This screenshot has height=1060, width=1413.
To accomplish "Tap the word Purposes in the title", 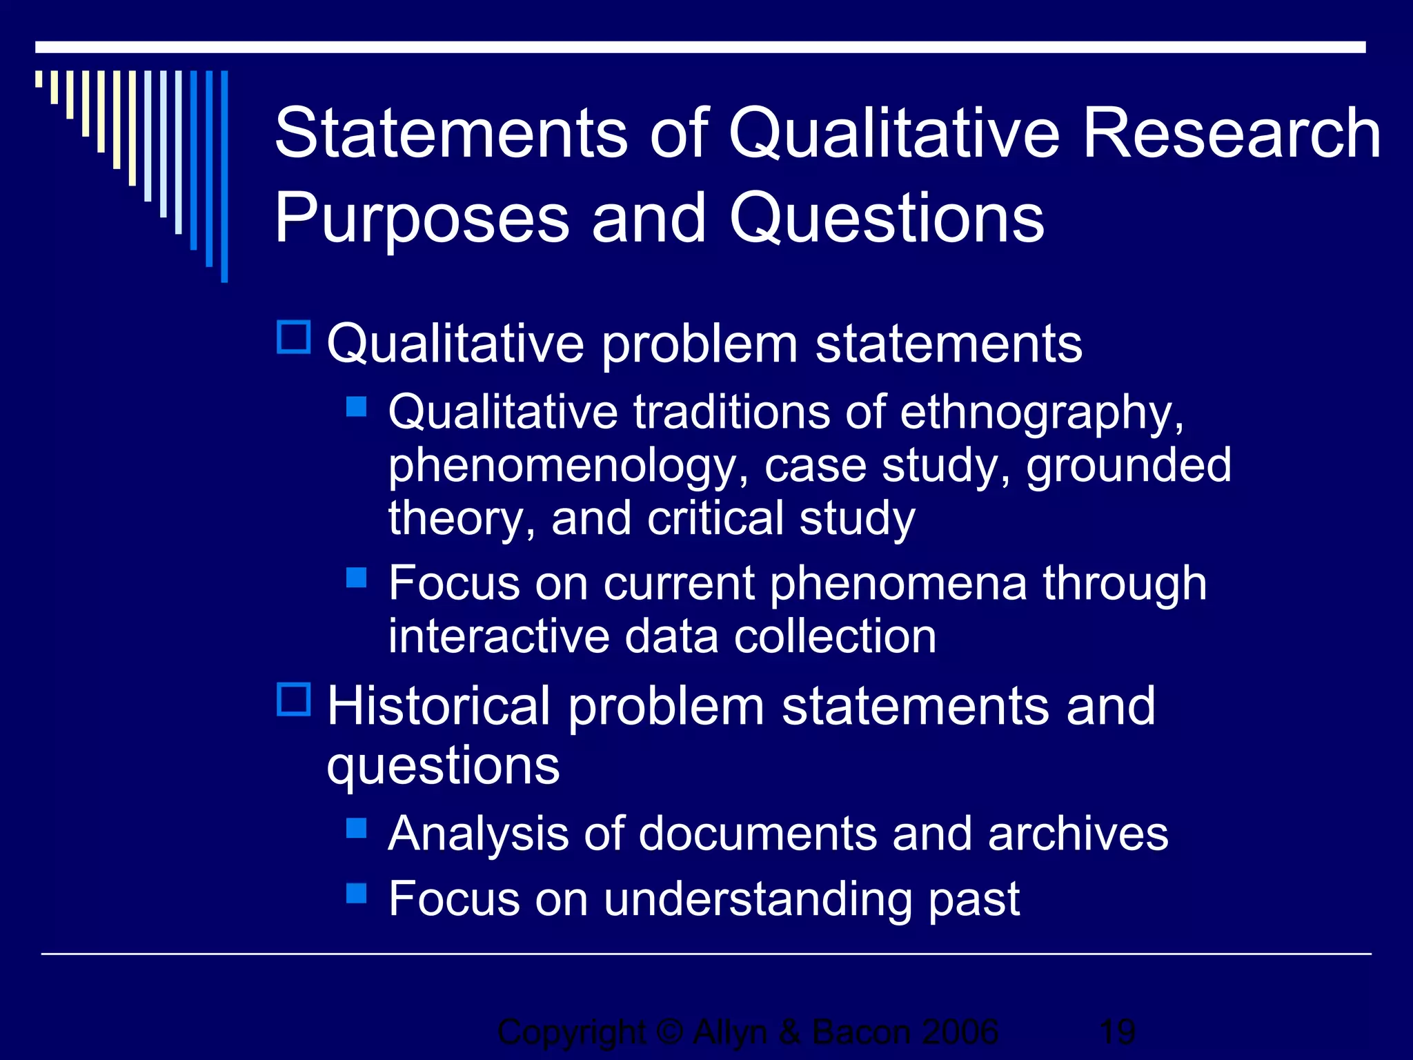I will tap(422, 219).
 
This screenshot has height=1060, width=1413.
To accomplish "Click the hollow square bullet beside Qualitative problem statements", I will tap(294, 337).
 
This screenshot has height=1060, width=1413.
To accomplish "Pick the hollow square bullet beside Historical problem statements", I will tap(294, 699).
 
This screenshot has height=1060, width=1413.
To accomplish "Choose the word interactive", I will tap(499, 636).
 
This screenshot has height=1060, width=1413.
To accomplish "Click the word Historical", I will tap(439, 707).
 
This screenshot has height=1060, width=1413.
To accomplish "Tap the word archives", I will tap(1078, 834).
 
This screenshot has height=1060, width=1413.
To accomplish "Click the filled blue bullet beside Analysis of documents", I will tap(356, 827).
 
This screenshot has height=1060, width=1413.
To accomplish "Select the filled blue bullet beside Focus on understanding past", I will tap(356, 893).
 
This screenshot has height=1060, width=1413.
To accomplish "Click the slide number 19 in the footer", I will tap(1117, 1032).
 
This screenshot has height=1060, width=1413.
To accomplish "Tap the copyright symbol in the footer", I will tap(669, 1032).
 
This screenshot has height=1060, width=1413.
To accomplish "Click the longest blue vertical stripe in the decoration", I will tap(224, 177).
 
